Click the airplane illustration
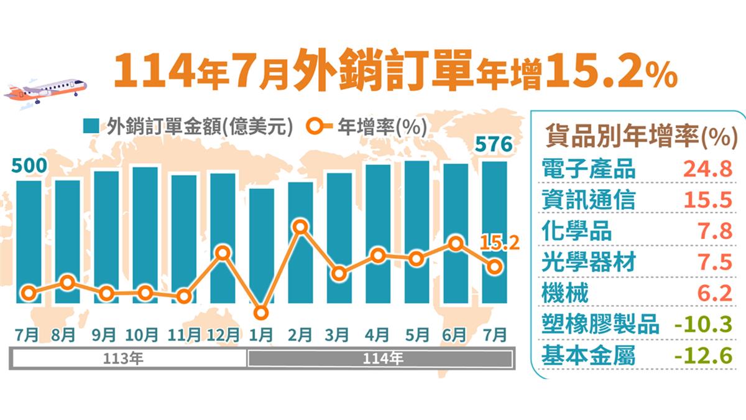pos(45,93)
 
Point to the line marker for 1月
pos(262,313)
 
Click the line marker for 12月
pos(223,253)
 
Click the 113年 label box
pos(129,358)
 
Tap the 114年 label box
pos(380,358)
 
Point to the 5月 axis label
pos(417,335)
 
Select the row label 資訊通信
pos(588,200)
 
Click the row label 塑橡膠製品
pos(600,325)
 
